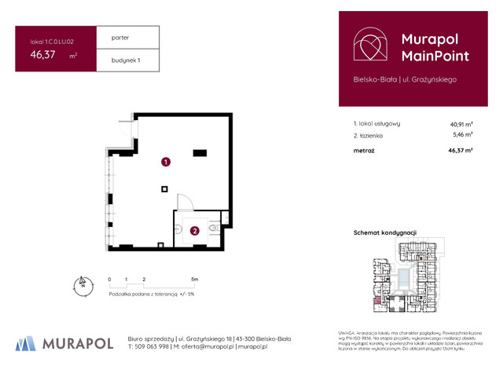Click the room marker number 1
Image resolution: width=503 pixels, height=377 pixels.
point(165,163)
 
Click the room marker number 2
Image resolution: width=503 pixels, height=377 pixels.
point(193,230)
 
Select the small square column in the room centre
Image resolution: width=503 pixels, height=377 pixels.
point(164,188)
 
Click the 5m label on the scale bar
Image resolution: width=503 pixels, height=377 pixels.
point(194,279)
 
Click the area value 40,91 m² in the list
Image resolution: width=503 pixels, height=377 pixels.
point(461,123)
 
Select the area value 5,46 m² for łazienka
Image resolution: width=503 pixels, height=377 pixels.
point(462,134)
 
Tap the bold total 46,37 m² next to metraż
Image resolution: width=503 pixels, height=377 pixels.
point(460,149)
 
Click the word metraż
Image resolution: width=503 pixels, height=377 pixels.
point(364,149)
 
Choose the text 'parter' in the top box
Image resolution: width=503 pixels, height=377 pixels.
point(120,38)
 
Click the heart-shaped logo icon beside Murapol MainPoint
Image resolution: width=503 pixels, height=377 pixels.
point(370,46)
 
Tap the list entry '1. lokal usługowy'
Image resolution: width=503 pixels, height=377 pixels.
point(377,123)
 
